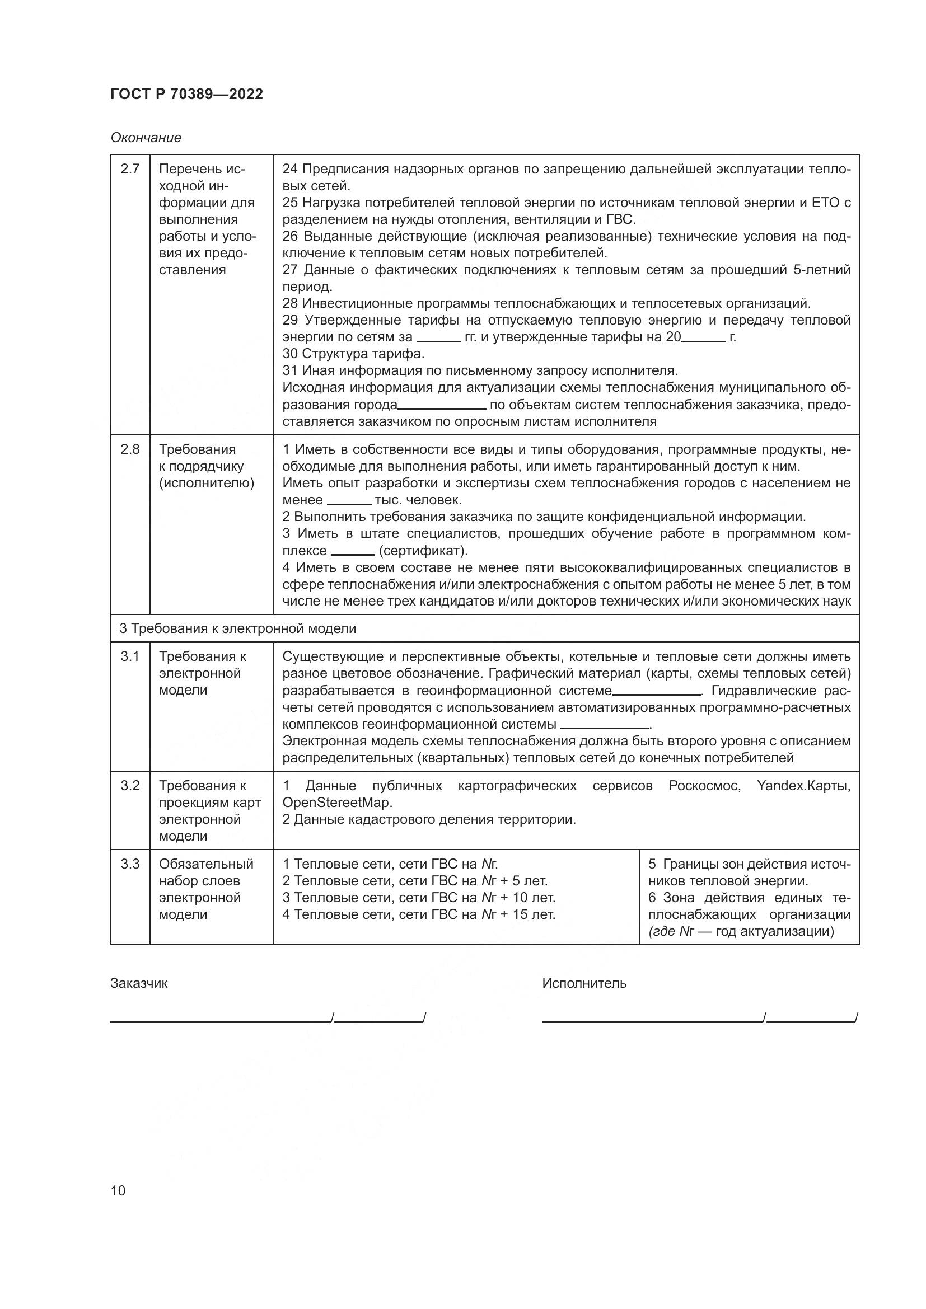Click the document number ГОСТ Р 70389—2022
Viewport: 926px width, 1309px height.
click(186, 95)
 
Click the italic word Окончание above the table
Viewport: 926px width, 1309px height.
click(146, 138)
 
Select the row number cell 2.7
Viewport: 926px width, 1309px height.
click(130, 170)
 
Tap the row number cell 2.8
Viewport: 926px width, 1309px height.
click(130, 449)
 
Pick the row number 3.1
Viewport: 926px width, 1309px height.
click(130, 656)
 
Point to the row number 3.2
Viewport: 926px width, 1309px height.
click(130, 786)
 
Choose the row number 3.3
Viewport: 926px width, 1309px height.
click(130, 864)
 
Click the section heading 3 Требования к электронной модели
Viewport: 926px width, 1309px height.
click(238, 628)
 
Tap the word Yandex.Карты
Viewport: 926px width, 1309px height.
click(803, 786)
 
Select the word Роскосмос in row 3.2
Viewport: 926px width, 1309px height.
click(704, 786)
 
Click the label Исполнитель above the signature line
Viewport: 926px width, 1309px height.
click(584, 983)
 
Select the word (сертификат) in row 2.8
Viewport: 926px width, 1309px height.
click(423, 551)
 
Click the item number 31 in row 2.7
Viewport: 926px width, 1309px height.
click(290, 370)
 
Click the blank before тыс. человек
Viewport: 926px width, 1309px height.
click(348, 501)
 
